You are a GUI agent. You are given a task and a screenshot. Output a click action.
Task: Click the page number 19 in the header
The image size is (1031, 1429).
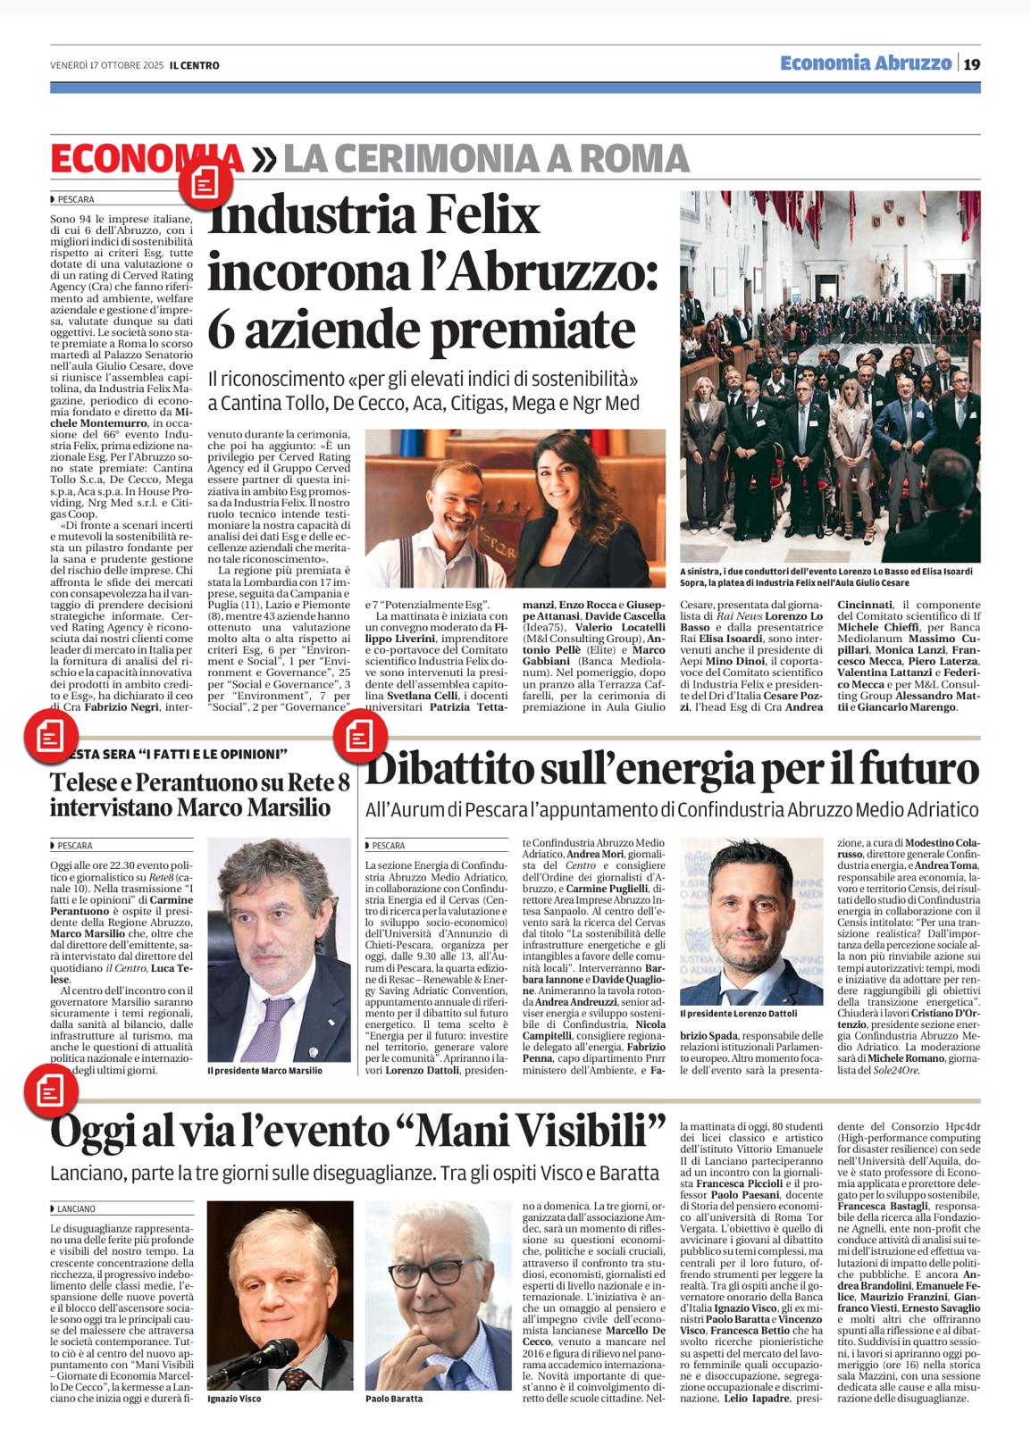tap(971, 63)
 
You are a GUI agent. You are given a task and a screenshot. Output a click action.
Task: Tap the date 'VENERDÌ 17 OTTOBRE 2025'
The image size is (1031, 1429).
tap(106, 65)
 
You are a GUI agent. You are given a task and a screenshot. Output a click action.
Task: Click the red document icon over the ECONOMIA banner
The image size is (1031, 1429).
tap(205, 183)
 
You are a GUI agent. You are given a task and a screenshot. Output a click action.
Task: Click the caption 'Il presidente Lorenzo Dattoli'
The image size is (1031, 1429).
tap(738, 1015)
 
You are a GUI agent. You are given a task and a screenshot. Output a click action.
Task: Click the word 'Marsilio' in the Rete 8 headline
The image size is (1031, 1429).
tap(284, 808)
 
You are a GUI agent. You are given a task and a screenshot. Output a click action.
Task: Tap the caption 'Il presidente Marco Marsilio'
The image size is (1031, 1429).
tap(264, 1070)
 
